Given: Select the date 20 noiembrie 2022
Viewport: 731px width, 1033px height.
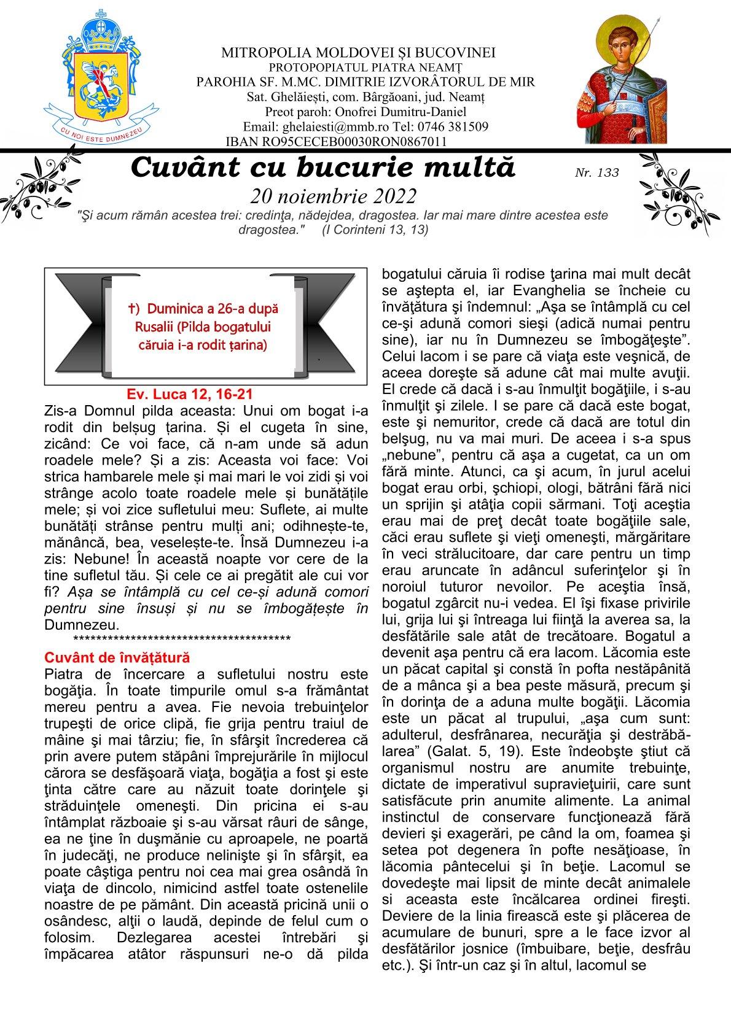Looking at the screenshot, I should pos(334,196).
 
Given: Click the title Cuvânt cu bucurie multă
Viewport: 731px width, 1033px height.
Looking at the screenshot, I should pos(322,168).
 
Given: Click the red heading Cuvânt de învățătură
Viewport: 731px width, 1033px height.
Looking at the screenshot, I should pos(117,657).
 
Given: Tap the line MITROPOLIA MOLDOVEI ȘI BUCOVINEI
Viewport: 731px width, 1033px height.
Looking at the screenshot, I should pos(359,53).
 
